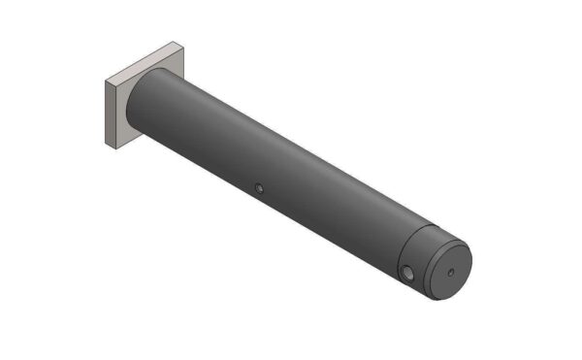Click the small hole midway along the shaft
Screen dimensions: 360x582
258,187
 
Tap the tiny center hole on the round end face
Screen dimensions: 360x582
449,271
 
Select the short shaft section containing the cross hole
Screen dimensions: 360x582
412,257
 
